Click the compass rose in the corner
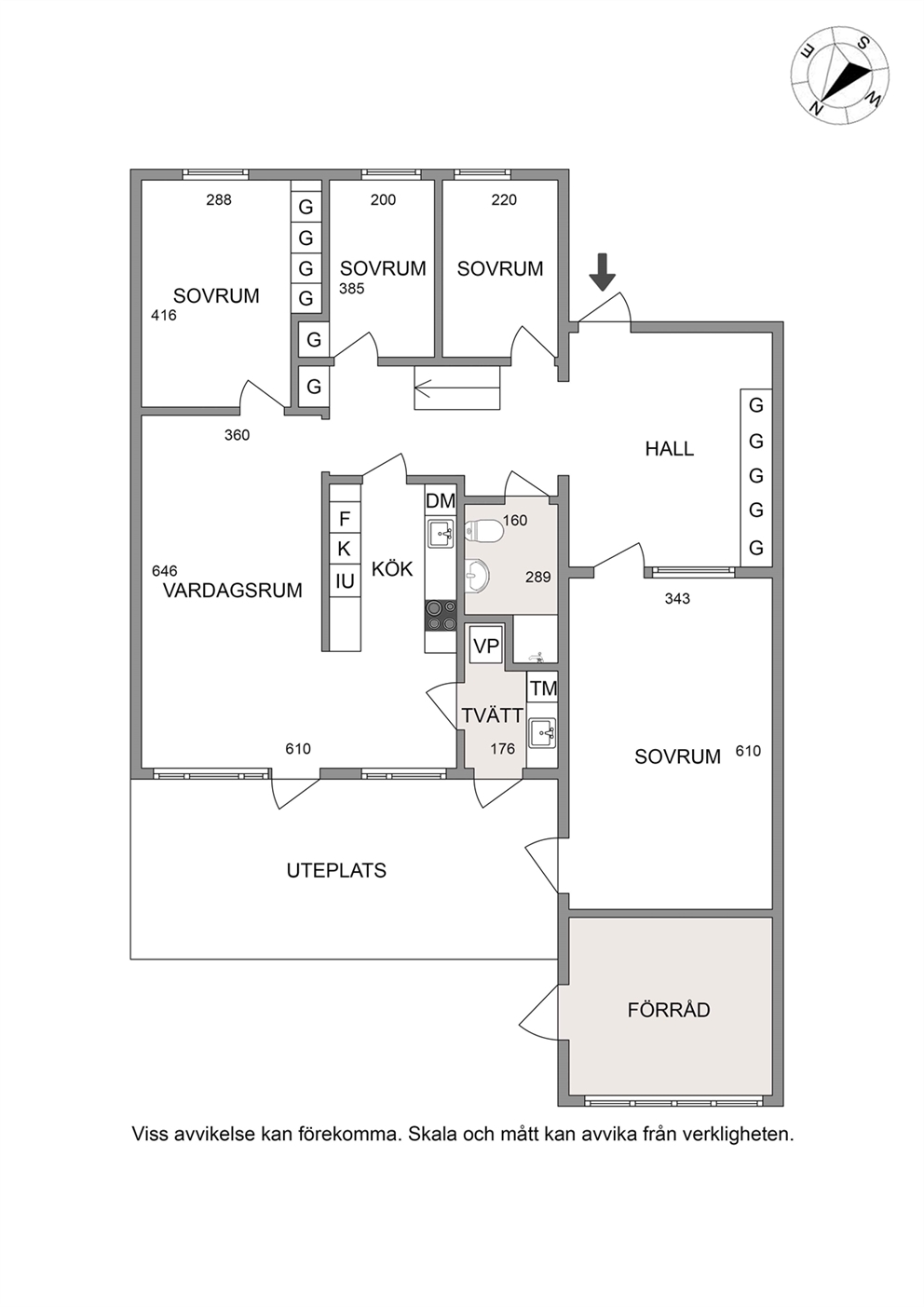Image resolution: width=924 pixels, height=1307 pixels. coord(840,75)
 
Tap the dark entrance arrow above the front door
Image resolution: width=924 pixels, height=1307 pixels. coord(602,272)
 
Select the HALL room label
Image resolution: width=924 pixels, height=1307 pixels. coord(670,449)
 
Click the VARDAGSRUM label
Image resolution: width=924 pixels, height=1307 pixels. coord(232,591)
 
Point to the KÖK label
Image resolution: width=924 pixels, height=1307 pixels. coord(392,568)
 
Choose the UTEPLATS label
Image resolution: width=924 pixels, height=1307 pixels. coord(336,870)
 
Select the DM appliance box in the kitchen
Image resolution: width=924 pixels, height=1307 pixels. coord(441,500)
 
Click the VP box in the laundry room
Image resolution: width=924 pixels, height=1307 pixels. coord(486,646)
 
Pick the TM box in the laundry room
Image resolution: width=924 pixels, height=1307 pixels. coord(543,688)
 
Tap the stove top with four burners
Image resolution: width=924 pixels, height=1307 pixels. coord(441,616)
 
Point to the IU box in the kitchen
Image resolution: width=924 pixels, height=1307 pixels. coord(345,581)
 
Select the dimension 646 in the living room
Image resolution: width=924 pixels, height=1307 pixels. coord(164,570)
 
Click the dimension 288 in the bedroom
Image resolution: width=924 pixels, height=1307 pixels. coord(219,200)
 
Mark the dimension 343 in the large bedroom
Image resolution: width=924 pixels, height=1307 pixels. coord(677,598)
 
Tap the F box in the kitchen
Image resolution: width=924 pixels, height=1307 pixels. coord(345,518)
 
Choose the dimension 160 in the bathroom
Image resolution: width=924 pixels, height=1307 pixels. coord(515,520)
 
